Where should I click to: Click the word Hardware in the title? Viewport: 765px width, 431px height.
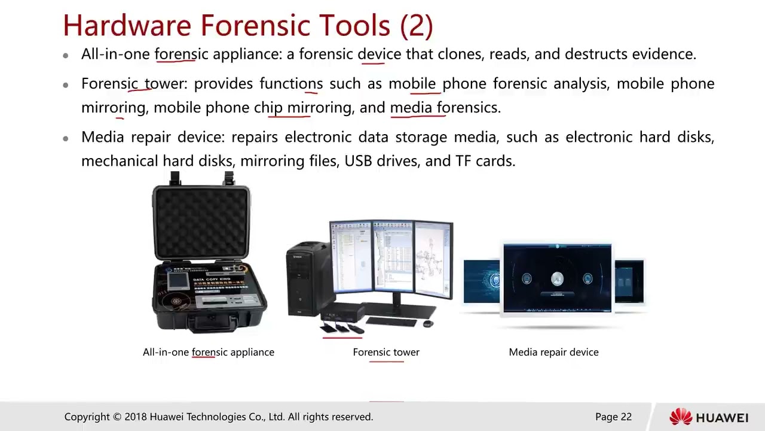pyautogui.click(x=128, y=26)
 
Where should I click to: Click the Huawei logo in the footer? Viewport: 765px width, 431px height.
pyautogui.click(x=709, y=417)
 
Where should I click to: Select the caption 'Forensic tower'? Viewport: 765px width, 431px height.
pyautogui.click(x=386, y=352)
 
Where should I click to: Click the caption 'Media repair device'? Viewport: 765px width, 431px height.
pyautogui.click(x=553, y=352)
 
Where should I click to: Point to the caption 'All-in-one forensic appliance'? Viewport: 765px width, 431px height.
pyautogui.click(x=209, y=352)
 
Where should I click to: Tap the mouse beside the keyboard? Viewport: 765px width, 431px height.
pyautogui.click(x=427, y=324)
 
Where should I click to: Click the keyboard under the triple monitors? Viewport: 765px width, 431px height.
pyautogui.click(x=391, y=321)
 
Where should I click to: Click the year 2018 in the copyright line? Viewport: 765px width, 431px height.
pyautogui.click(x=136, y=417)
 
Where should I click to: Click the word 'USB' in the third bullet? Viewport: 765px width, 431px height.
pyautogui.click(x=357, y=161)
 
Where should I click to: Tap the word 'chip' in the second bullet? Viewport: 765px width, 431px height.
pyautogui.click(x=268, y=108)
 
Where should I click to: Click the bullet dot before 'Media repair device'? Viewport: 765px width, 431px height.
pyautogui.click(x=66, y=138)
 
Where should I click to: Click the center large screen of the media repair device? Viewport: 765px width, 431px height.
pyautogui.click(x=557, y=278)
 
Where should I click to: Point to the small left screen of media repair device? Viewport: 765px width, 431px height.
pyautogui.click(x=482, y=281)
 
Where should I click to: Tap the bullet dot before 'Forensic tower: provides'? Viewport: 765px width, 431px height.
pyautogui.click(x=66, y=84)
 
